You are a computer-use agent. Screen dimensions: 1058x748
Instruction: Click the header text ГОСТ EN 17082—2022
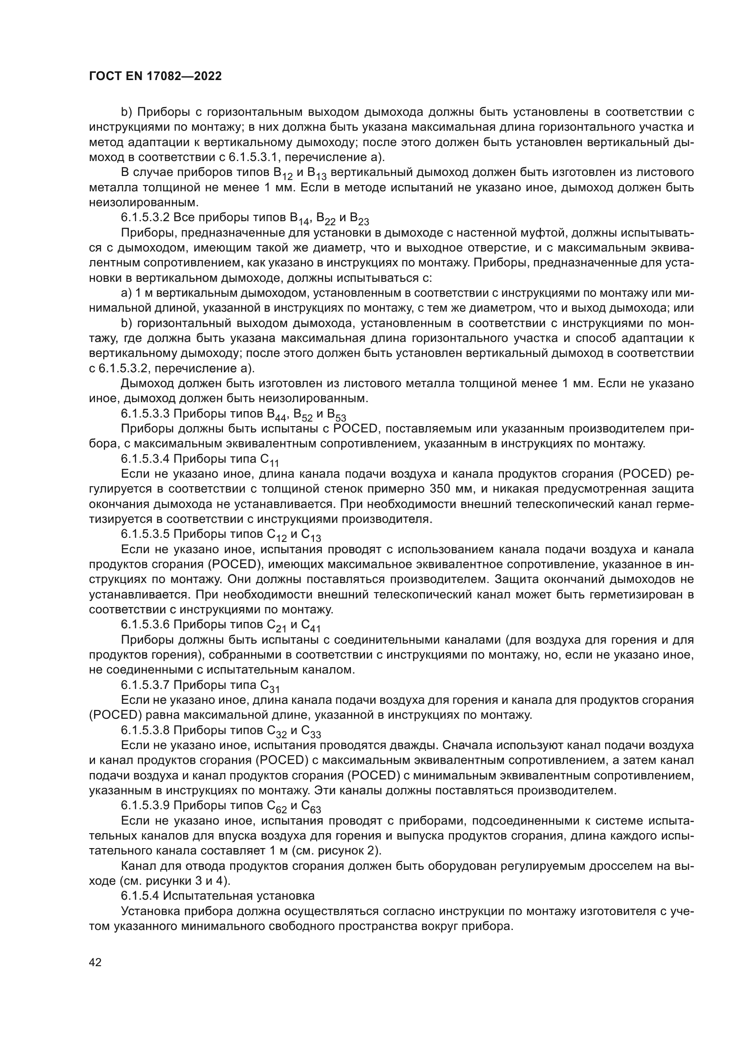[x=155, y=76]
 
